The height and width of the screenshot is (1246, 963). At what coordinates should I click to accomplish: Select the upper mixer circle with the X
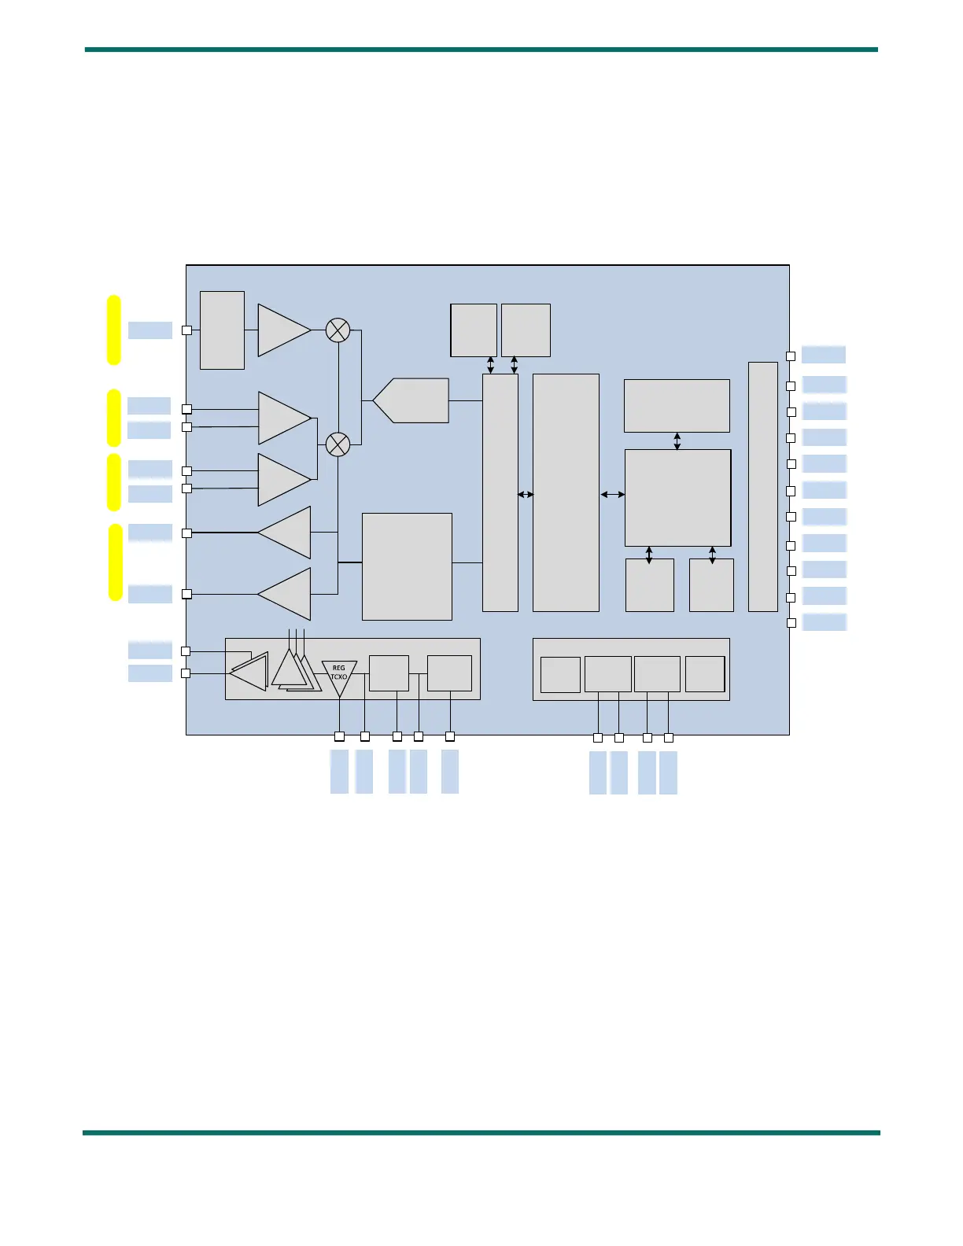[x=338, y=330]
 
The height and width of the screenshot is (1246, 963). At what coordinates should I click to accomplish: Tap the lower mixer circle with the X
[x=338, y=444]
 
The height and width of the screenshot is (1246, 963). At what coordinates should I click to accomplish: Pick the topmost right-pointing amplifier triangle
[x=283, y=330]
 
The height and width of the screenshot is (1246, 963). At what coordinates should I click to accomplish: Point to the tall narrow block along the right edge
[x=762, y=486]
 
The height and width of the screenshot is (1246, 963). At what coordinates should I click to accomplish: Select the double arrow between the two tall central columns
[x=526, y=494]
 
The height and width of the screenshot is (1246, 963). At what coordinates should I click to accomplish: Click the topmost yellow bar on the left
[x=114, y=330]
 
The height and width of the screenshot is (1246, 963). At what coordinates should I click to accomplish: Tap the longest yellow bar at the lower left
[x=116, y=562]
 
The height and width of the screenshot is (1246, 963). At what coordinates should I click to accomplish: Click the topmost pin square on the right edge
[x=791, y=356]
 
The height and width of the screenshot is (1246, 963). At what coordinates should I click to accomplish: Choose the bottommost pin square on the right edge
[x=791, y=623]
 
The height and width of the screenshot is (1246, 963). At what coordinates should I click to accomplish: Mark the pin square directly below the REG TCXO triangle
[x=339, y=736]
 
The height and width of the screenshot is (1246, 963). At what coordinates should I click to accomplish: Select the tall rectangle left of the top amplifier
[x=222, y=330]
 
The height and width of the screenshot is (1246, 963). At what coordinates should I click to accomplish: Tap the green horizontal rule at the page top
[x=481, y=50]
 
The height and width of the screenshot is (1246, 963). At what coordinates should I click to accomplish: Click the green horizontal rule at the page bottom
[x=481, y=1133]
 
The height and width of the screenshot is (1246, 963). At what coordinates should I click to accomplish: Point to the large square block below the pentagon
[x=407, y=566]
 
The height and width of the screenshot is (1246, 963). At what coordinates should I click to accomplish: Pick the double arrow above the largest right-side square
[x=677, y=441]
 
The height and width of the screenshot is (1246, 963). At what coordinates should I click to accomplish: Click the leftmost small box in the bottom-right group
[x=560, y=675]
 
